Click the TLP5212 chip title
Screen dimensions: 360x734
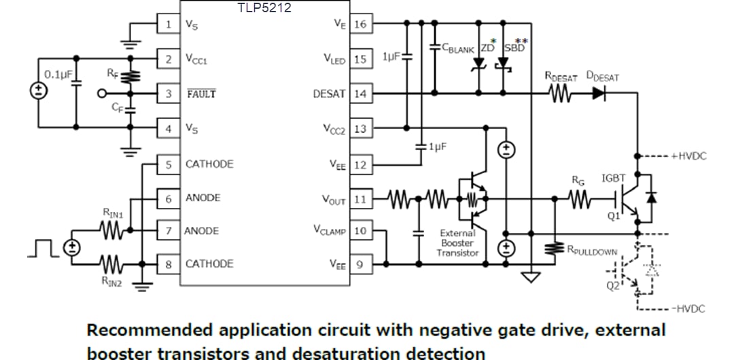click(x=264, y=8)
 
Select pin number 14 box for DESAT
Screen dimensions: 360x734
click(x=360, y=94)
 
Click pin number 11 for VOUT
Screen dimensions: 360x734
click(x=360, y=200)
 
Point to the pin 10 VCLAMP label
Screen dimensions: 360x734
click(x=330, y=231)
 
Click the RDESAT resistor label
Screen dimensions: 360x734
click(x=561, y=77)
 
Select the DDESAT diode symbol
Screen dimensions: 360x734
click(x=597, y=94)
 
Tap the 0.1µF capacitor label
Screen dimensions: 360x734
click(x=58, y=73)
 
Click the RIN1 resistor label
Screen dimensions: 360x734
click(x=112, y=215)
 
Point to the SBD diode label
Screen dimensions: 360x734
click(x=514, y=48)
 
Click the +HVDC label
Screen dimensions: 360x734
click(x=688, y=156)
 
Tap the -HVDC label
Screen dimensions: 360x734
click(x=688, y=308)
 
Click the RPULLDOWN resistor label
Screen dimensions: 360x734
click(x=592, y=251)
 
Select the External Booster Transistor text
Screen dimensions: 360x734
click(x=459, y=242)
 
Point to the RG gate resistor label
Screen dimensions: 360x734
click(x=578, y=181)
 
